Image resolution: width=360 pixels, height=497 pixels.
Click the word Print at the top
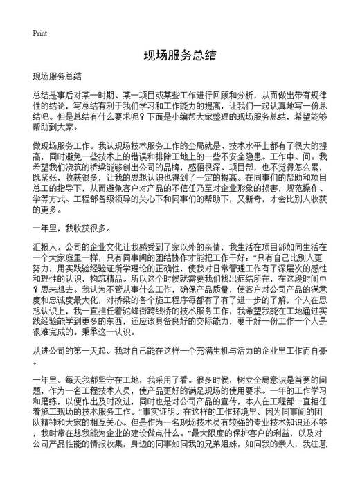pos(40,33)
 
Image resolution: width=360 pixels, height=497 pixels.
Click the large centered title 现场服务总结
pos(180,55)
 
